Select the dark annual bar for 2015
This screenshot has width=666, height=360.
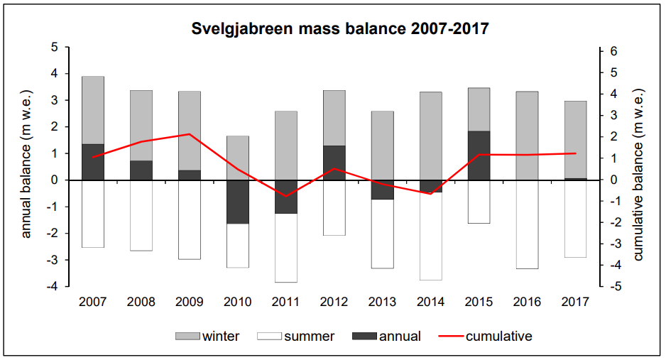pos(479,156)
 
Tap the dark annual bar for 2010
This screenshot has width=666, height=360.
pos(237,202)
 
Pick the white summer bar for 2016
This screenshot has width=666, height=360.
pos(527,224)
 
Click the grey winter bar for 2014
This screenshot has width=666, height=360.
pos(430,136)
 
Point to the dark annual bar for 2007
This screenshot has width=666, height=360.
pos(92,162)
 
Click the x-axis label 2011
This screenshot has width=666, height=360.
pos(286,302)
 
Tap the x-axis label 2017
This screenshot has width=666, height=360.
pos(575,302)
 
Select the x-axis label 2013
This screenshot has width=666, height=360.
pos(382,302)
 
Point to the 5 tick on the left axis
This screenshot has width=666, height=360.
pos(55,47)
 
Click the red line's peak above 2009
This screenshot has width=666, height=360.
pos(189,134)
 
